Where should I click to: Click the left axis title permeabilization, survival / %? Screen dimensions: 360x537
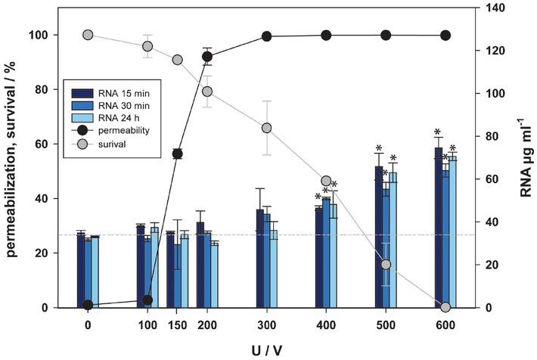pyautogui.click(x=14, y=159)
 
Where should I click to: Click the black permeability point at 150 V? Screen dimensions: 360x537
pyautogui.click(x=178, y=154)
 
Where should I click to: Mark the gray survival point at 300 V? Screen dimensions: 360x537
pyautogui.click(x=267, y=128)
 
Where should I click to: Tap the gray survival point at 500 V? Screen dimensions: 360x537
pyautogui.click(x=386, y=265)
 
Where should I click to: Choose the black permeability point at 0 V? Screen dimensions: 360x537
pyautogui.click(x=88, y=305)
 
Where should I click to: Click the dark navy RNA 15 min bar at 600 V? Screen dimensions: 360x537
pyautogui.click(x=438, y=227)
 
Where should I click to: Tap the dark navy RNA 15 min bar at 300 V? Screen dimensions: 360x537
pyautogui.click(x=259, y=258)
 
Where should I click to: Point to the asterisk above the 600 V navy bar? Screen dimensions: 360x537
pyautogui.click(x=438, y=132)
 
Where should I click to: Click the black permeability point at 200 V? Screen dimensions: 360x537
pyautogui.click(x=207, y=57)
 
